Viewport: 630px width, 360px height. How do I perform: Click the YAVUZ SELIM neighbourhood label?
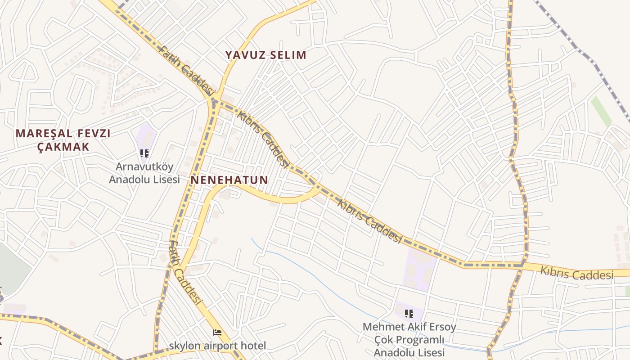[x=265, y=55]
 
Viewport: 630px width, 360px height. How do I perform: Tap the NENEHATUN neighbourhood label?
[x=229, y=180]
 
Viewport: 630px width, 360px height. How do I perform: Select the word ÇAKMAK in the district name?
[x=63, y=147]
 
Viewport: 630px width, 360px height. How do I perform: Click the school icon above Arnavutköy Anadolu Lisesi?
[x=144, y=153]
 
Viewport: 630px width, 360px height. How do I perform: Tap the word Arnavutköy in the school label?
[x=144, y=166]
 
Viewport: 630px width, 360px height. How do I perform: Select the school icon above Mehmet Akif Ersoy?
[x=409, y=313]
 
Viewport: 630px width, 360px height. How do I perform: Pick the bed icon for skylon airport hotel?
[x=217, y=333]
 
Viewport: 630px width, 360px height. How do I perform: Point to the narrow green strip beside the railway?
[x=601, y=111]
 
